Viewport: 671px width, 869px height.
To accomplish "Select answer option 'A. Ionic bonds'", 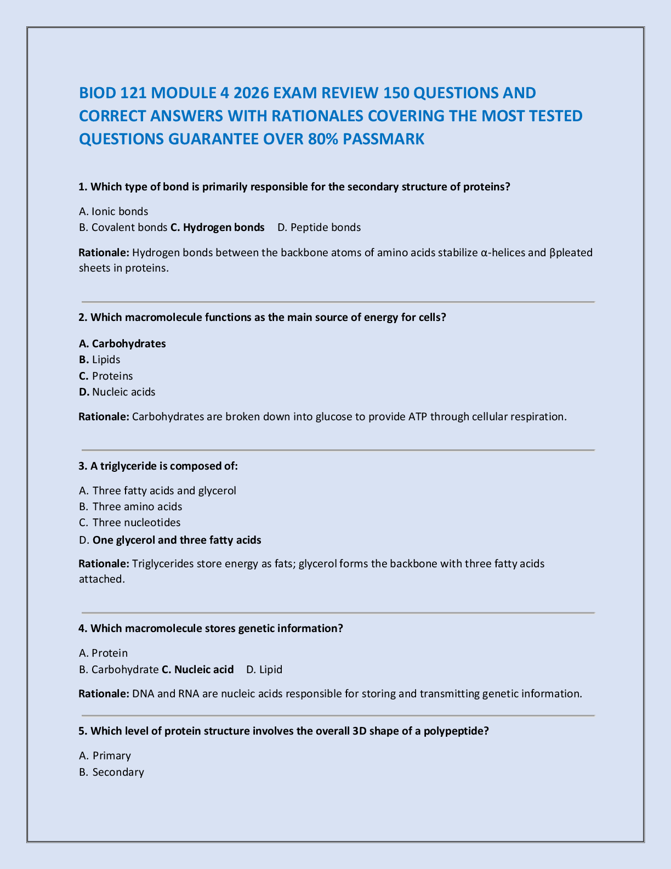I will point(113,211).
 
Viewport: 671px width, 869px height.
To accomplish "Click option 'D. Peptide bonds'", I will point(319,227).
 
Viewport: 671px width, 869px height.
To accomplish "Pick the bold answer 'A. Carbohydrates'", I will point(122,343).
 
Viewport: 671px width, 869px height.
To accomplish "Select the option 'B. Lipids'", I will point(100,359).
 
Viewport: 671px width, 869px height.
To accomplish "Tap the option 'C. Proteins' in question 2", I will point(106,376).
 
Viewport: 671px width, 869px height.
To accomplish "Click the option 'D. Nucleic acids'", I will point(117,392).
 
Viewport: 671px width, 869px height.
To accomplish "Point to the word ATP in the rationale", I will point(418,416).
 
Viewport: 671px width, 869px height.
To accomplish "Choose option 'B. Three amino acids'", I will point(130,506).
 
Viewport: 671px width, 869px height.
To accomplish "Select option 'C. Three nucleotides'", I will point(130,522).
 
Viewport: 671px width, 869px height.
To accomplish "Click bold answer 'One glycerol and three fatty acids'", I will point(177,540).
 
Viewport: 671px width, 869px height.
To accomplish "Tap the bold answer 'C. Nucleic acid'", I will point(198,669).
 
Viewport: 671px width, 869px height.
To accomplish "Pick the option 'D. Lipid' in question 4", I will point(264,669).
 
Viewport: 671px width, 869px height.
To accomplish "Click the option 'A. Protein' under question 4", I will point(104,653).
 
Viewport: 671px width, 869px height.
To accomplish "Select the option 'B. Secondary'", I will point(112,772).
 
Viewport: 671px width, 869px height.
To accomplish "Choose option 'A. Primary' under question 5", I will point(105,755).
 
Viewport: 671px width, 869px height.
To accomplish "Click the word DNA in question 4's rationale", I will point(143,693).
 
